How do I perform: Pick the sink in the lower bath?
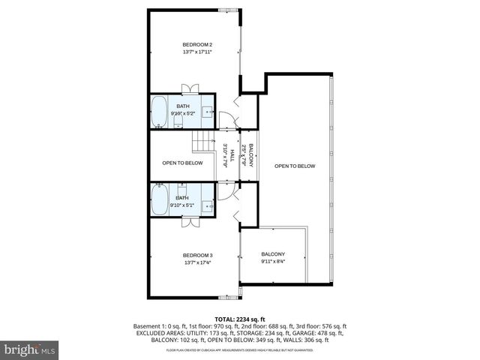pos(207,203)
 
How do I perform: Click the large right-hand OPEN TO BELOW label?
pos(295,166)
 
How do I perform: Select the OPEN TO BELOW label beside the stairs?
pos(183,163)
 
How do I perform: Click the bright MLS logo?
pos(30,349)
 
